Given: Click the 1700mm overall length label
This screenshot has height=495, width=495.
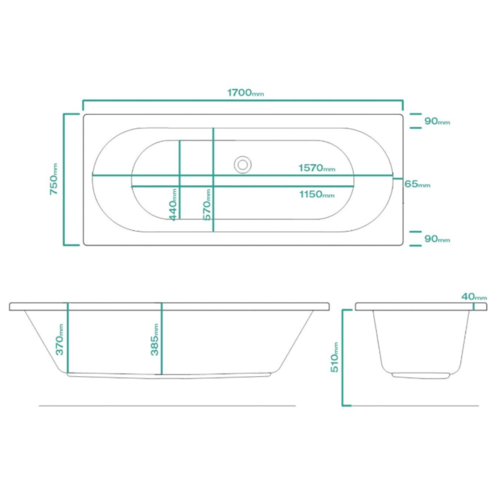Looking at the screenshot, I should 245,92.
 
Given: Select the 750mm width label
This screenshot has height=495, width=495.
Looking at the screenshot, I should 54,180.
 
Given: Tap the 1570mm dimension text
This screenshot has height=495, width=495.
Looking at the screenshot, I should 316,168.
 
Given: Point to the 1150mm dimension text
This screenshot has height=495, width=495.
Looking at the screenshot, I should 316,195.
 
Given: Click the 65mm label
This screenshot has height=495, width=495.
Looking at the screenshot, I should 417,184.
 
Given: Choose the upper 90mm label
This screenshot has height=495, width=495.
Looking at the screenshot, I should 437,121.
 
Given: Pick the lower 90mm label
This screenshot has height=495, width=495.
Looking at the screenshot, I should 437,239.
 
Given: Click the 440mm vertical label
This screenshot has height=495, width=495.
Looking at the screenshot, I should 173,205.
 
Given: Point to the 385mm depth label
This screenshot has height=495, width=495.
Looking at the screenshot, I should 155,339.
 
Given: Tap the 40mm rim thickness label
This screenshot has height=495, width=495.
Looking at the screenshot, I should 474,297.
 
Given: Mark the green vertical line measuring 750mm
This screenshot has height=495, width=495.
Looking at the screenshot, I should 64,180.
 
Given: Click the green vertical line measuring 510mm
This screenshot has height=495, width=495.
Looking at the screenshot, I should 343,358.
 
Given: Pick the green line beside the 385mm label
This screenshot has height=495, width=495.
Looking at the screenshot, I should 162,340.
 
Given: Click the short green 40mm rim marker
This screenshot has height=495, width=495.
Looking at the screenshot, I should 474,306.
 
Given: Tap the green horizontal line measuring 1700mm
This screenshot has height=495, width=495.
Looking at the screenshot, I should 242,101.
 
